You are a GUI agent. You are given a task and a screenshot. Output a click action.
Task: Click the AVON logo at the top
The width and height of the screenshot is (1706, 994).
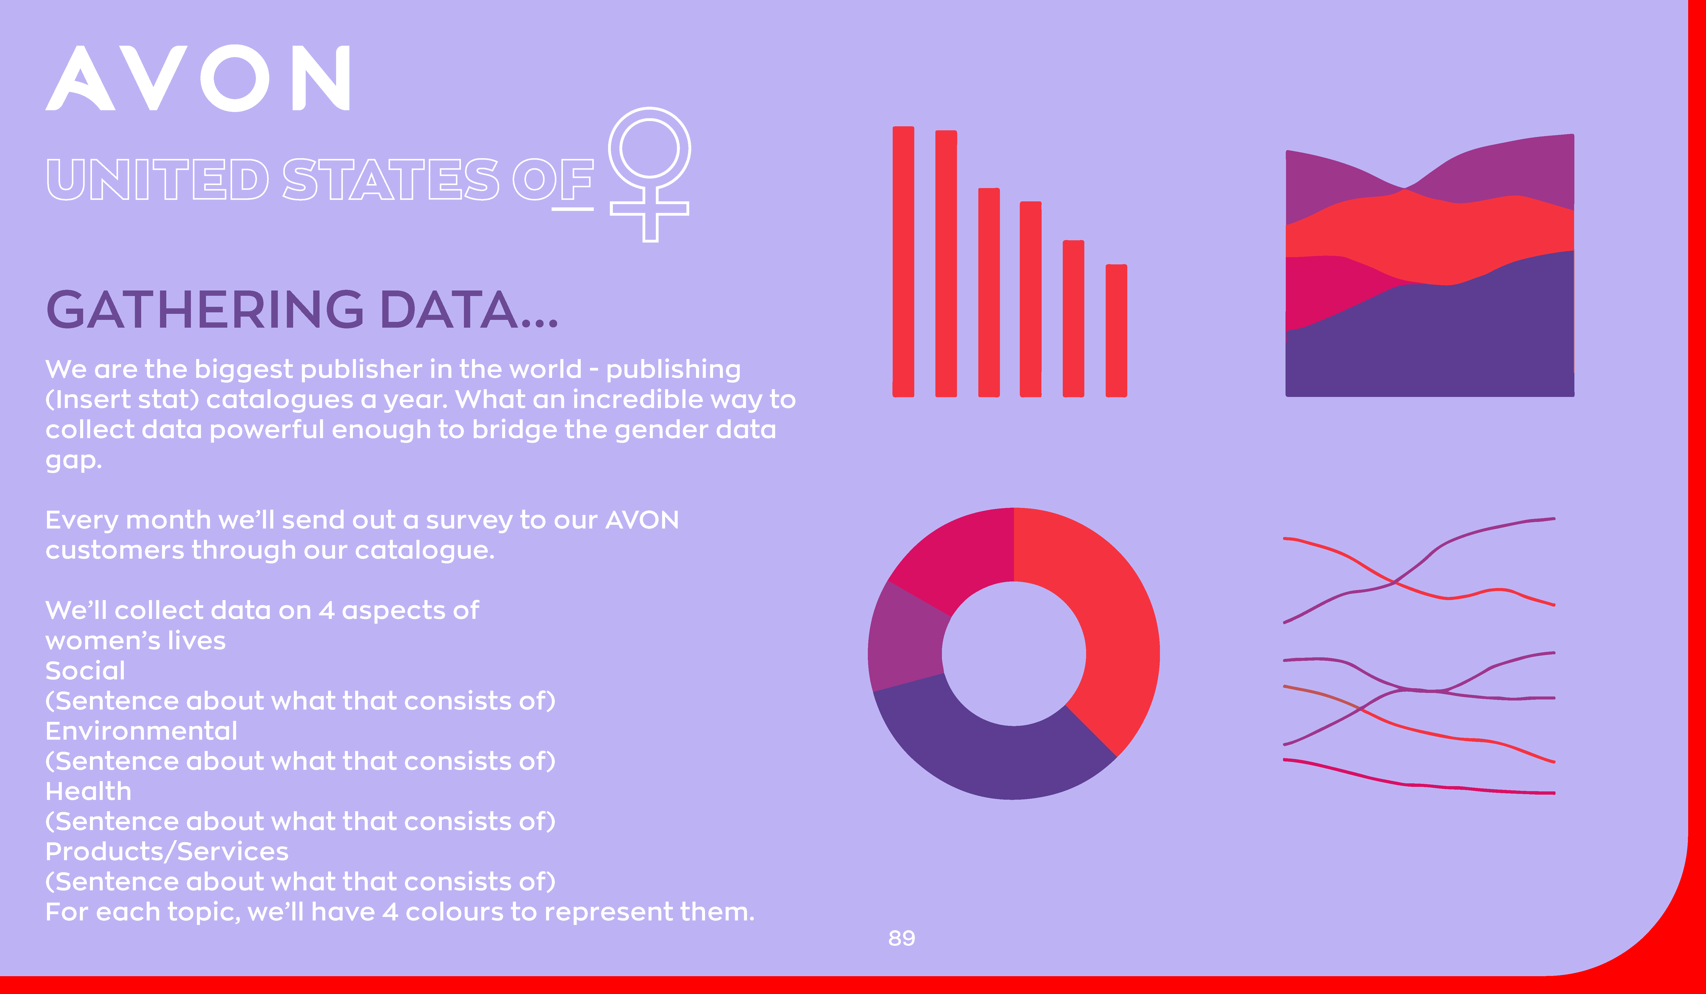pos(198,78)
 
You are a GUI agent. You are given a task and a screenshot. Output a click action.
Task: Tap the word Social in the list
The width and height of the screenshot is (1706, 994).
pos(85,671)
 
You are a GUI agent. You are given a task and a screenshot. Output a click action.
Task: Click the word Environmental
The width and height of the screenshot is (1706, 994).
pos(141,731)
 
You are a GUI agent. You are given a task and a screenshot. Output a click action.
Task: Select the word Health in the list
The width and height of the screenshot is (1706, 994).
pos(89,791)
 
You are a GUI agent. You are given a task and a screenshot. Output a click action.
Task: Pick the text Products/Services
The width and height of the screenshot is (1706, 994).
pos(167,851)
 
